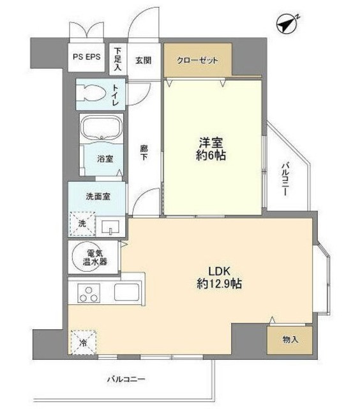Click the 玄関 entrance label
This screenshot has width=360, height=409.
pos(143,60)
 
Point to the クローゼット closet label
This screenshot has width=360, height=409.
pos(197,61)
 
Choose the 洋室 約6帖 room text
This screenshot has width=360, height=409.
pos(213,148)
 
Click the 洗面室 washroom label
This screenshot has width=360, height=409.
pos(99,196)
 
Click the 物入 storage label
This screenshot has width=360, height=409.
pos(290,339)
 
